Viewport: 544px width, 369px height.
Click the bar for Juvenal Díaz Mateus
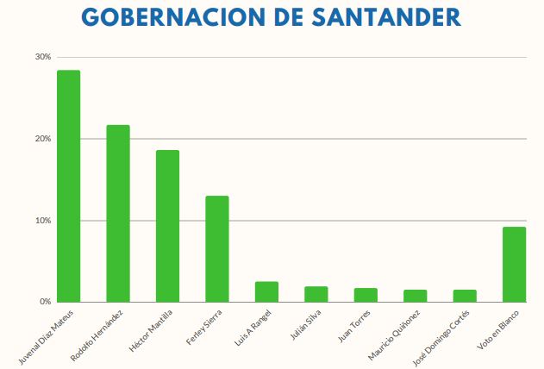click(68, 185)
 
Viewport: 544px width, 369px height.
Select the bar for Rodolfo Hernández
click(118, 213)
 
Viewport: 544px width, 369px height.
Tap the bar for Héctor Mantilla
click(167, 226)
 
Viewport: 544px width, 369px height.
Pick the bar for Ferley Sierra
click(216, 248)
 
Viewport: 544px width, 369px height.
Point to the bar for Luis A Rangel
click(266, 291)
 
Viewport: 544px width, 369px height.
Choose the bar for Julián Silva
click(316, 294)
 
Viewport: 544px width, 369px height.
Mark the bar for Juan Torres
click(366, 295)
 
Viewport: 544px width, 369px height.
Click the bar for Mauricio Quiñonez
click(415, 296)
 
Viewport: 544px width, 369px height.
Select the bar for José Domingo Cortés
click(465, 296)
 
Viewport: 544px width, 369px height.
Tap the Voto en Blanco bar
click(514, 264)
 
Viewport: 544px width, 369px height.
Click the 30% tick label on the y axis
click(42, 57)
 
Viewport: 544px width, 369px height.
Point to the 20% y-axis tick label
click(42, 139)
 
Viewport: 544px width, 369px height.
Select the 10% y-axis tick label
click(42, 221)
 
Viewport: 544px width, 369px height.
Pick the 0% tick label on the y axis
click(44, 302)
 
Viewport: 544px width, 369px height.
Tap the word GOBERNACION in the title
click(160, 18)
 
